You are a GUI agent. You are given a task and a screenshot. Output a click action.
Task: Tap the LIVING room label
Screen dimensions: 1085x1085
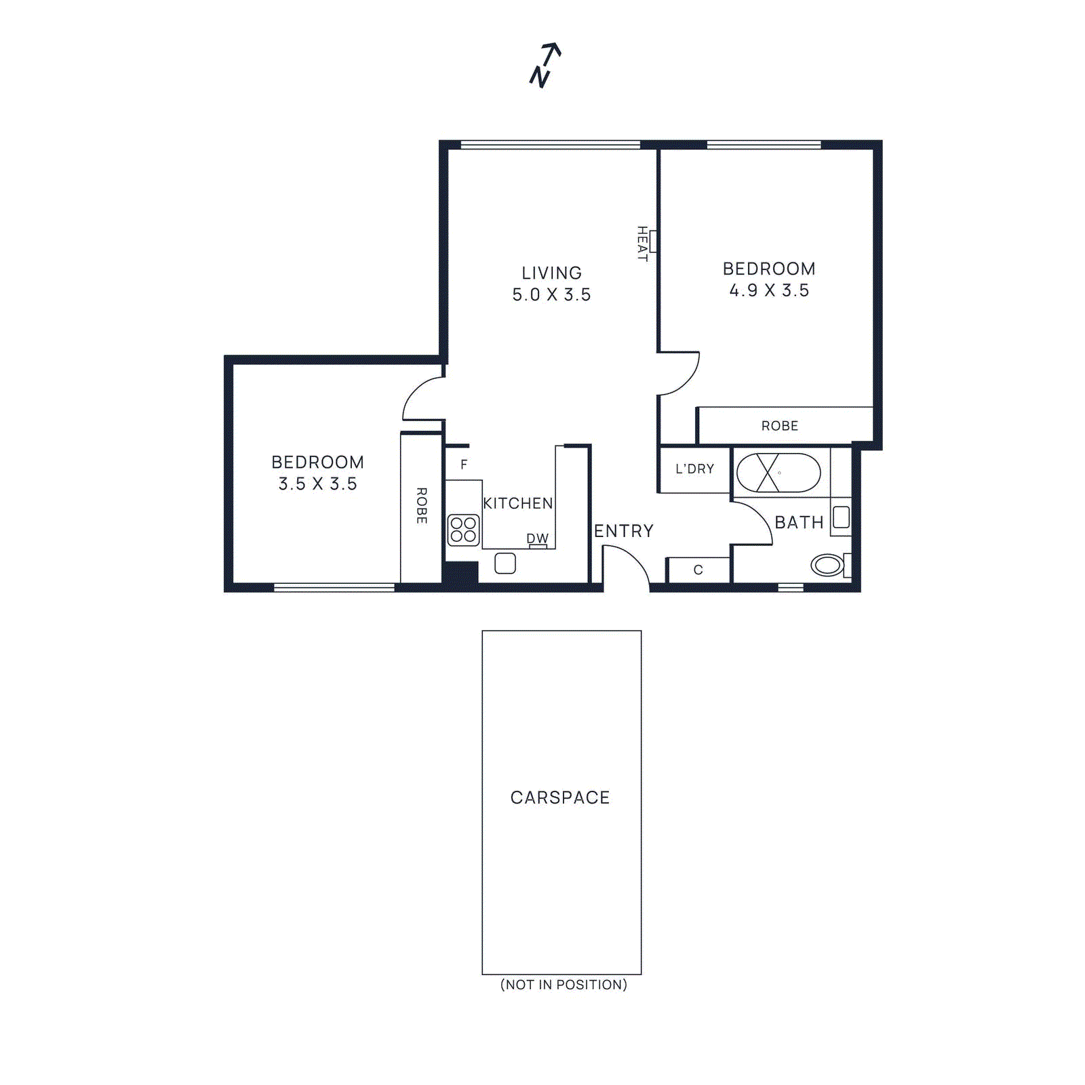click(551, 273)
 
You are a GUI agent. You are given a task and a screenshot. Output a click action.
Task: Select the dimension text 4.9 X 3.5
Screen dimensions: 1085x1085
click(769, 290)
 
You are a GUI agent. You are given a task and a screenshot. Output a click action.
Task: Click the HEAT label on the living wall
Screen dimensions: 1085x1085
click(642, 243)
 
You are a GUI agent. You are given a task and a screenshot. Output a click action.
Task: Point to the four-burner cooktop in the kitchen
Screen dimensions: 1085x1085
click(464, 530)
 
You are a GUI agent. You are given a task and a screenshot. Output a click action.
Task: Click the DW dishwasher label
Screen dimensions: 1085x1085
click(537, 538)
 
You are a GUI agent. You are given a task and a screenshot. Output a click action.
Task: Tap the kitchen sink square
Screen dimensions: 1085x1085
click(505, 564)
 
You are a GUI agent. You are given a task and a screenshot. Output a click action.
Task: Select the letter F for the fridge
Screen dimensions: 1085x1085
click(464, 465)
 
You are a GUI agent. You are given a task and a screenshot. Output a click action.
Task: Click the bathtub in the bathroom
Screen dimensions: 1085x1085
click(778, 473)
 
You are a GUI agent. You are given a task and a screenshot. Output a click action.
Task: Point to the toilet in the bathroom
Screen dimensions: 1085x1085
click(828, 565)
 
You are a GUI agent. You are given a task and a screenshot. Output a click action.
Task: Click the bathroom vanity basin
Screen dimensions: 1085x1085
click(842, 517)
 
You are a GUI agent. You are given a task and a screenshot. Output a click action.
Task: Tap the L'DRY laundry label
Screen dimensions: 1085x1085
click(694, 469)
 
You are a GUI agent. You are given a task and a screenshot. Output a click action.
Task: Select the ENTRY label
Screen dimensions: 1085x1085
click(624, 531)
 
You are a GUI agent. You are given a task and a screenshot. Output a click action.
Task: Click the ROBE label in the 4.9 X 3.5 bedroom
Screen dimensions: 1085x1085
click(779, 426)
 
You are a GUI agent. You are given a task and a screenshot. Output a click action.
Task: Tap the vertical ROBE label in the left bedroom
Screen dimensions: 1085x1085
click(421, 505)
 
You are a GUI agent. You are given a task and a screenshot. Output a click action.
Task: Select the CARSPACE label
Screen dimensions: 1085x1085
click(560, 797)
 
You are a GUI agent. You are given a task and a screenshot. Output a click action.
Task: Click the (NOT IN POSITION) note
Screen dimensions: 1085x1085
click(564, 985)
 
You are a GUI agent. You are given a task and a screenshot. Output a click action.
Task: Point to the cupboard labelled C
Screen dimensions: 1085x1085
click(698, 570)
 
